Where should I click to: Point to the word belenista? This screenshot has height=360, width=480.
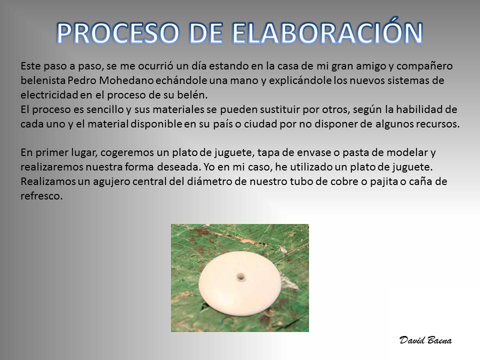point(43,80)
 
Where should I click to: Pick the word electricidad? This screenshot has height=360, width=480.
point(49,95)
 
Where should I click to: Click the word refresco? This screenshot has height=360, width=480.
point(41,196)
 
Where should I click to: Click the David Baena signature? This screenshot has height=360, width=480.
point(425,340)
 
